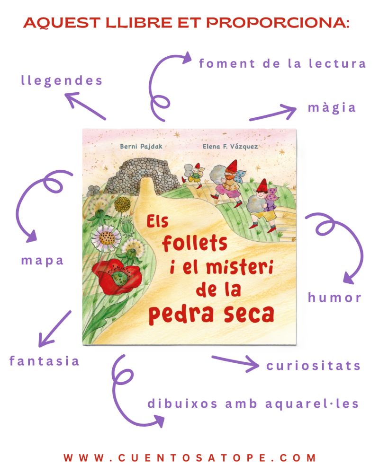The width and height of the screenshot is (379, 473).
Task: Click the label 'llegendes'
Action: [x=62, y=81]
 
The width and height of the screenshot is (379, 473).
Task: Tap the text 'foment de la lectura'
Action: [x=282, y=63]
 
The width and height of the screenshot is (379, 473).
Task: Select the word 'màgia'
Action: [x=332, y=108]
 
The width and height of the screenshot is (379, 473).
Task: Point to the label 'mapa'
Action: [x=42, y=261]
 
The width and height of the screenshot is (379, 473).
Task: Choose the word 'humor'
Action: [x=334, y=298]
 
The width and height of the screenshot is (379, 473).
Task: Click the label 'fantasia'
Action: [x=44, y=361]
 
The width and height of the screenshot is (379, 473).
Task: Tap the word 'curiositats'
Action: [x=313, y=366]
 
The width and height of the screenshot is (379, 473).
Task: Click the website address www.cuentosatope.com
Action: [x=189, y=458]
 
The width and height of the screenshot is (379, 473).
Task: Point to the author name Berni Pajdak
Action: [x=141, y=147]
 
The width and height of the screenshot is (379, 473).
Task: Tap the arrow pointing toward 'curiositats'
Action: [x=235, y=362]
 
